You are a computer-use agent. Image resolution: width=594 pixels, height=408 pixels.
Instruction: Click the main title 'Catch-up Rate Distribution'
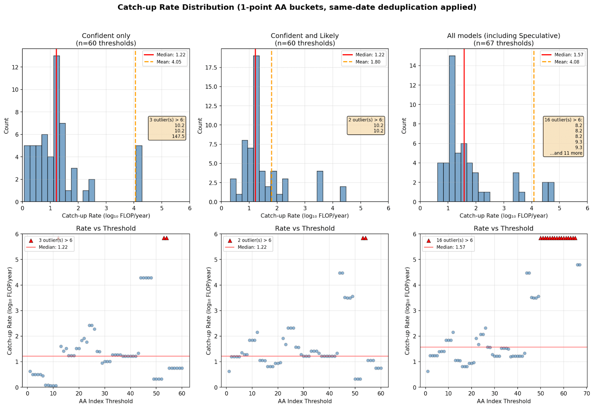[297, 7]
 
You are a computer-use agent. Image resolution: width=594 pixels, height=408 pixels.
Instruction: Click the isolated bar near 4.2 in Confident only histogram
[139, 174]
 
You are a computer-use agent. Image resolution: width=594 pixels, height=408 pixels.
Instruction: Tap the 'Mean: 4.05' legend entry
[169, 62]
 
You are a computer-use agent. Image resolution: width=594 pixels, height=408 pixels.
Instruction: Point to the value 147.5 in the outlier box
[178, 136]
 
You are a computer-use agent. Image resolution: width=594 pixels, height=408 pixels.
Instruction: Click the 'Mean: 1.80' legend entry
[368, 62]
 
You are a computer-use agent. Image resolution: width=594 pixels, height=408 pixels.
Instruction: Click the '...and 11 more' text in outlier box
[566, 153]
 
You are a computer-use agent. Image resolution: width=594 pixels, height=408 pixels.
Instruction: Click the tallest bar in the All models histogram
[452, 129]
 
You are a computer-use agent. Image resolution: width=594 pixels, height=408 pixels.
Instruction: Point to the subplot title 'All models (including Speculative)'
[503, 36]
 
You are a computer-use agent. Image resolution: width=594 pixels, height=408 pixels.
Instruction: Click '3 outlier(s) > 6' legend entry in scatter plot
[55, 240]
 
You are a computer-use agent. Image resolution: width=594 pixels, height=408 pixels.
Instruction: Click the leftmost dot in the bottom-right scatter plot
[428, 371]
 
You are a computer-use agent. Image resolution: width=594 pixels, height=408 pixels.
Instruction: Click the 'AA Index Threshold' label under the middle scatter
[305, 401]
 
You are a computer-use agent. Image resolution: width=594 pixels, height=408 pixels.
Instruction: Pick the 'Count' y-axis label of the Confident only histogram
[6, 126]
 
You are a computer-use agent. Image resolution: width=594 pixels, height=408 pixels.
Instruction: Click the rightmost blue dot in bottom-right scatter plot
[580, 265]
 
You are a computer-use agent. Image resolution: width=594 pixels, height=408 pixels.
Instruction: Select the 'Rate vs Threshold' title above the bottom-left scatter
[106, 228]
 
